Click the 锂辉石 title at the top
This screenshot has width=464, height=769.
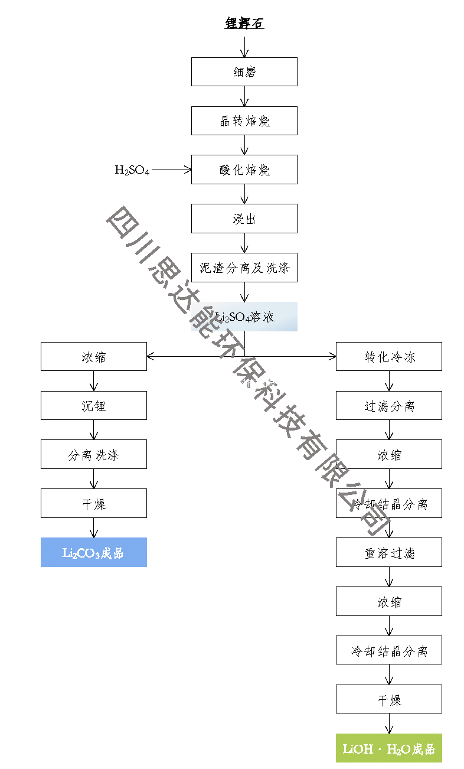click(244, 24)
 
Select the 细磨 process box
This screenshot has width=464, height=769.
click(244, 72)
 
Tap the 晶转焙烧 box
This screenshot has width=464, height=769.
click(244, 121)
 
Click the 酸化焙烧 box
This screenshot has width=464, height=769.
click(244, 170)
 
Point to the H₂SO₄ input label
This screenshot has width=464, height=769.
click(132, 170)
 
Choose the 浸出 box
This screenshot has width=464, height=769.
click(244, 219)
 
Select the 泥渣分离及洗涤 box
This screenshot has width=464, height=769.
click(244, 268)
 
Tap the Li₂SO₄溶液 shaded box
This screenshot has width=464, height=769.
click(244, 317)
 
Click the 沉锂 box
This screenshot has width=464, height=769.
click(93, 406)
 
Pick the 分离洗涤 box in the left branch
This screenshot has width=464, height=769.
click(93, 455)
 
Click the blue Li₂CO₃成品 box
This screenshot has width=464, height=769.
click(93, 553)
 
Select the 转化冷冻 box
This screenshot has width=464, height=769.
click(388, 357)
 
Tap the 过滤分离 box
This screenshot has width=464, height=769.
click(388, 406)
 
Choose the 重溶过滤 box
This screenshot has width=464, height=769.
click(388, 553)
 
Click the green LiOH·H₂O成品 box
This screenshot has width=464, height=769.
click(388, 749)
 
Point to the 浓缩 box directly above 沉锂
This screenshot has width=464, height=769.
click(93, 357)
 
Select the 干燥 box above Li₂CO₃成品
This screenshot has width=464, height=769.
click(93, 504)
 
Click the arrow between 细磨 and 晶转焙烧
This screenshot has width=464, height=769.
click(244, 96)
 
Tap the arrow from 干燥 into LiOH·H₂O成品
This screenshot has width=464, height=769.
click(389, 724)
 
